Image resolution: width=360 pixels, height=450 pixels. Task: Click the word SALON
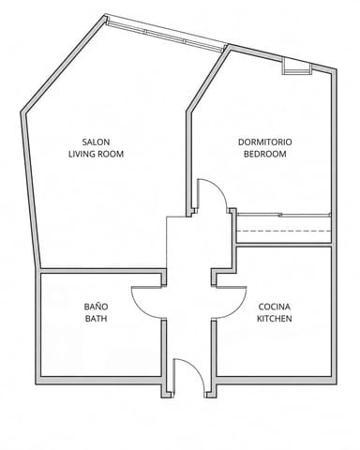pos(96,142)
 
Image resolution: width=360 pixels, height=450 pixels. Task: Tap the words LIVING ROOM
pos(96,154)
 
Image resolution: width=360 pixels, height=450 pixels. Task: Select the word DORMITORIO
pos(265,142)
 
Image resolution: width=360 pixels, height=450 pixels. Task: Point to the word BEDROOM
pos(265,154)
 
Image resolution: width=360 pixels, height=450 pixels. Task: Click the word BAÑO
pos(96,307)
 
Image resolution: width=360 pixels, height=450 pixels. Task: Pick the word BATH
pos(96,319)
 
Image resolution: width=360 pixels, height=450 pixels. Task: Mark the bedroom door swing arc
pos(219,189)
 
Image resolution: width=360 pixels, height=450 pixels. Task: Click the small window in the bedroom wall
pos(297,68)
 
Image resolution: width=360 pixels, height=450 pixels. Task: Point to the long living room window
pos(167,34)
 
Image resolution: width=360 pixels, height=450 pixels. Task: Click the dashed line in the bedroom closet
pos(284,231)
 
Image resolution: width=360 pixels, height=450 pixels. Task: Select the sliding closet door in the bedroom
pos(284,215)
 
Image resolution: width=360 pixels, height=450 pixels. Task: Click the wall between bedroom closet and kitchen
pos(284,245)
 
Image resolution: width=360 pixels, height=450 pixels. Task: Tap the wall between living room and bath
pos(101,271)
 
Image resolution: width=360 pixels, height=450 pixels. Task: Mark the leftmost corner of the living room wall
pos(21,112)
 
